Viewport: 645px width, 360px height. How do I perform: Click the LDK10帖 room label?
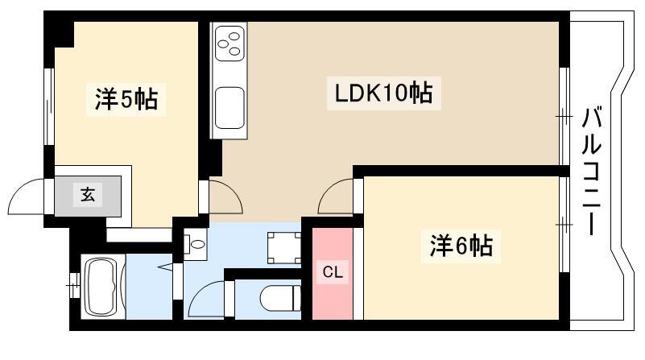[x=383, y=93]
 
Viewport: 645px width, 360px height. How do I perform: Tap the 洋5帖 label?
[x=126, y=99]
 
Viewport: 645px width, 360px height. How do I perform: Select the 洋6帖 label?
[x=461, y=246]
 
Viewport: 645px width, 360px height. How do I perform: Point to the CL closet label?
[x=333, y=272]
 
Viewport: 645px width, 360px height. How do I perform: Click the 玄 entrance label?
[x=88, y=194]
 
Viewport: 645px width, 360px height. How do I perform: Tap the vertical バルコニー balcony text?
[x=591, y=171]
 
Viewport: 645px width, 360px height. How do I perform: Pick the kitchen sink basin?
[x=229, y=107]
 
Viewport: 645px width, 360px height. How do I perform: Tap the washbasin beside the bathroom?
[x=196, y=244]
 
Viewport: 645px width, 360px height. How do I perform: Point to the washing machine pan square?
[x=283, y=248]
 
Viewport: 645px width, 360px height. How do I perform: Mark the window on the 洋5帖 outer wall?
[x=49, y=106]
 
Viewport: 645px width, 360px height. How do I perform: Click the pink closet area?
[x=333, y=274]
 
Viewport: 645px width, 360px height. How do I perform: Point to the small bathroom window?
[x=74, y=285]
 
